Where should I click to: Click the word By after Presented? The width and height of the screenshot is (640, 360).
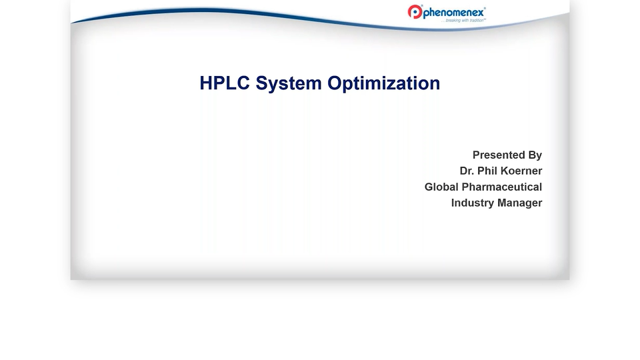pyautogui.click(x=535, y=155)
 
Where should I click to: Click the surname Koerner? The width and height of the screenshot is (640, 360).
pyautogui.click(x=523, y=171)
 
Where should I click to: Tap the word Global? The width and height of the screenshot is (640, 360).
pyautogui.click(x=443, y=187)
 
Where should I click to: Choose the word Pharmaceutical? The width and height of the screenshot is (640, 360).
pyautogui.click(x=503, y=187)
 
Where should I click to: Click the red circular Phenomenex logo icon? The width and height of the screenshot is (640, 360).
pyautogui.click(x=415, y=12)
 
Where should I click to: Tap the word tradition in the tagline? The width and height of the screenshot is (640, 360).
pyautogui.click(x=475, y=21)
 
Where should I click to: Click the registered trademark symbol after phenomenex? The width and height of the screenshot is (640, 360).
pyautogui.click(x=485, y=9)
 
